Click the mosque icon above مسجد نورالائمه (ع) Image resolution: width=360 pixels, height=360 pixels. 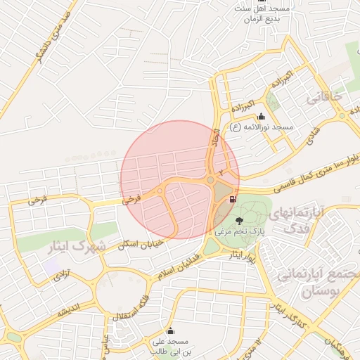262,117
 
